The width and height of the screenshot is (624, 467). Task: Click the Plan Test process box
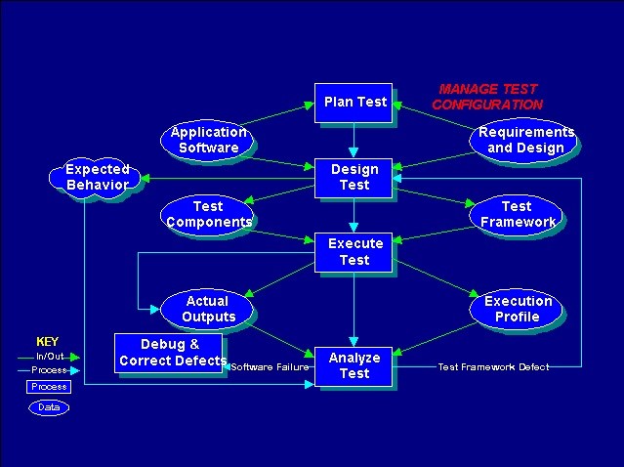[354, 103]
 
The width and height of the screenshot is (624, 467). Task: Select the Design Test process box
[354, 178]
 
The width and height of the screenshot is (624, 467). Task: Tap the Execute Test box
[354, 252]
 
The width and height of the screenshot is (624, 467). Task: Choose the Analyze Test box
[354, 366]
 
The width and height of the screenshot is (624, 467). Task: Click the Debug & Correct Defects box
[168, 353]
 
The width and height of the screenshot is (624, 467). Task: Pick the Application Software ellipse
[207, 141]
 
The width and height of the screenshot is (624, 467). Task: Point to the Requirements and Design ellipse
[522, 140]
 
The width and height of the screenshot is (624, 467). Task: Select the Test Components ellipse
[207, 215]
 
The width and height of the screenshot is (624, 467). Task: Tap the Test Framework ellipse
[516, 215]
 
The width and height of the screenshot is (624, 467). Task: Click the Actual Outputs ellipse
[207, 310]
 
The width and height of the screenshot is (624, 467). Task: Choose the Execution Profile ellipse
[516, 310]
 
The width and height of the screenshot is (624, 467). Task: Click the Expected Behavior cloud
[95, 178]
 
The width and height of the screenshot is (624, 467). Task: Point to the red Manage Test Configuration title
[488, 97]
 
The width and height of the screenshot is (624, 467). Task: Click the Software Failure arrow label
[270, 366]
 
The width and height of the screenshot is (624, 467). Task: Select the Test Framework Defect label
[493, 366]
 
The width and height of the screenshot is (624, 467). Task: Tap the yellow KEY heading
[47, 342]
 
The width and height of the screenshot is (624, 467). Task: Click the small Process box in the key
[49, 387]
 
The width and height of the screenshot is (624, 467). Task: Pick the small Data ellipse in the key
[49, 407]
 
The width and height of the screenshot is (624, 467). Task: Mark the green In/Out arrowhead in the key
[75, 358]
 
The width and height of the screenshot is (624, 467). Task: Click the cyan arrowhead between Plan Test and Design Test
[354, 152]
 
